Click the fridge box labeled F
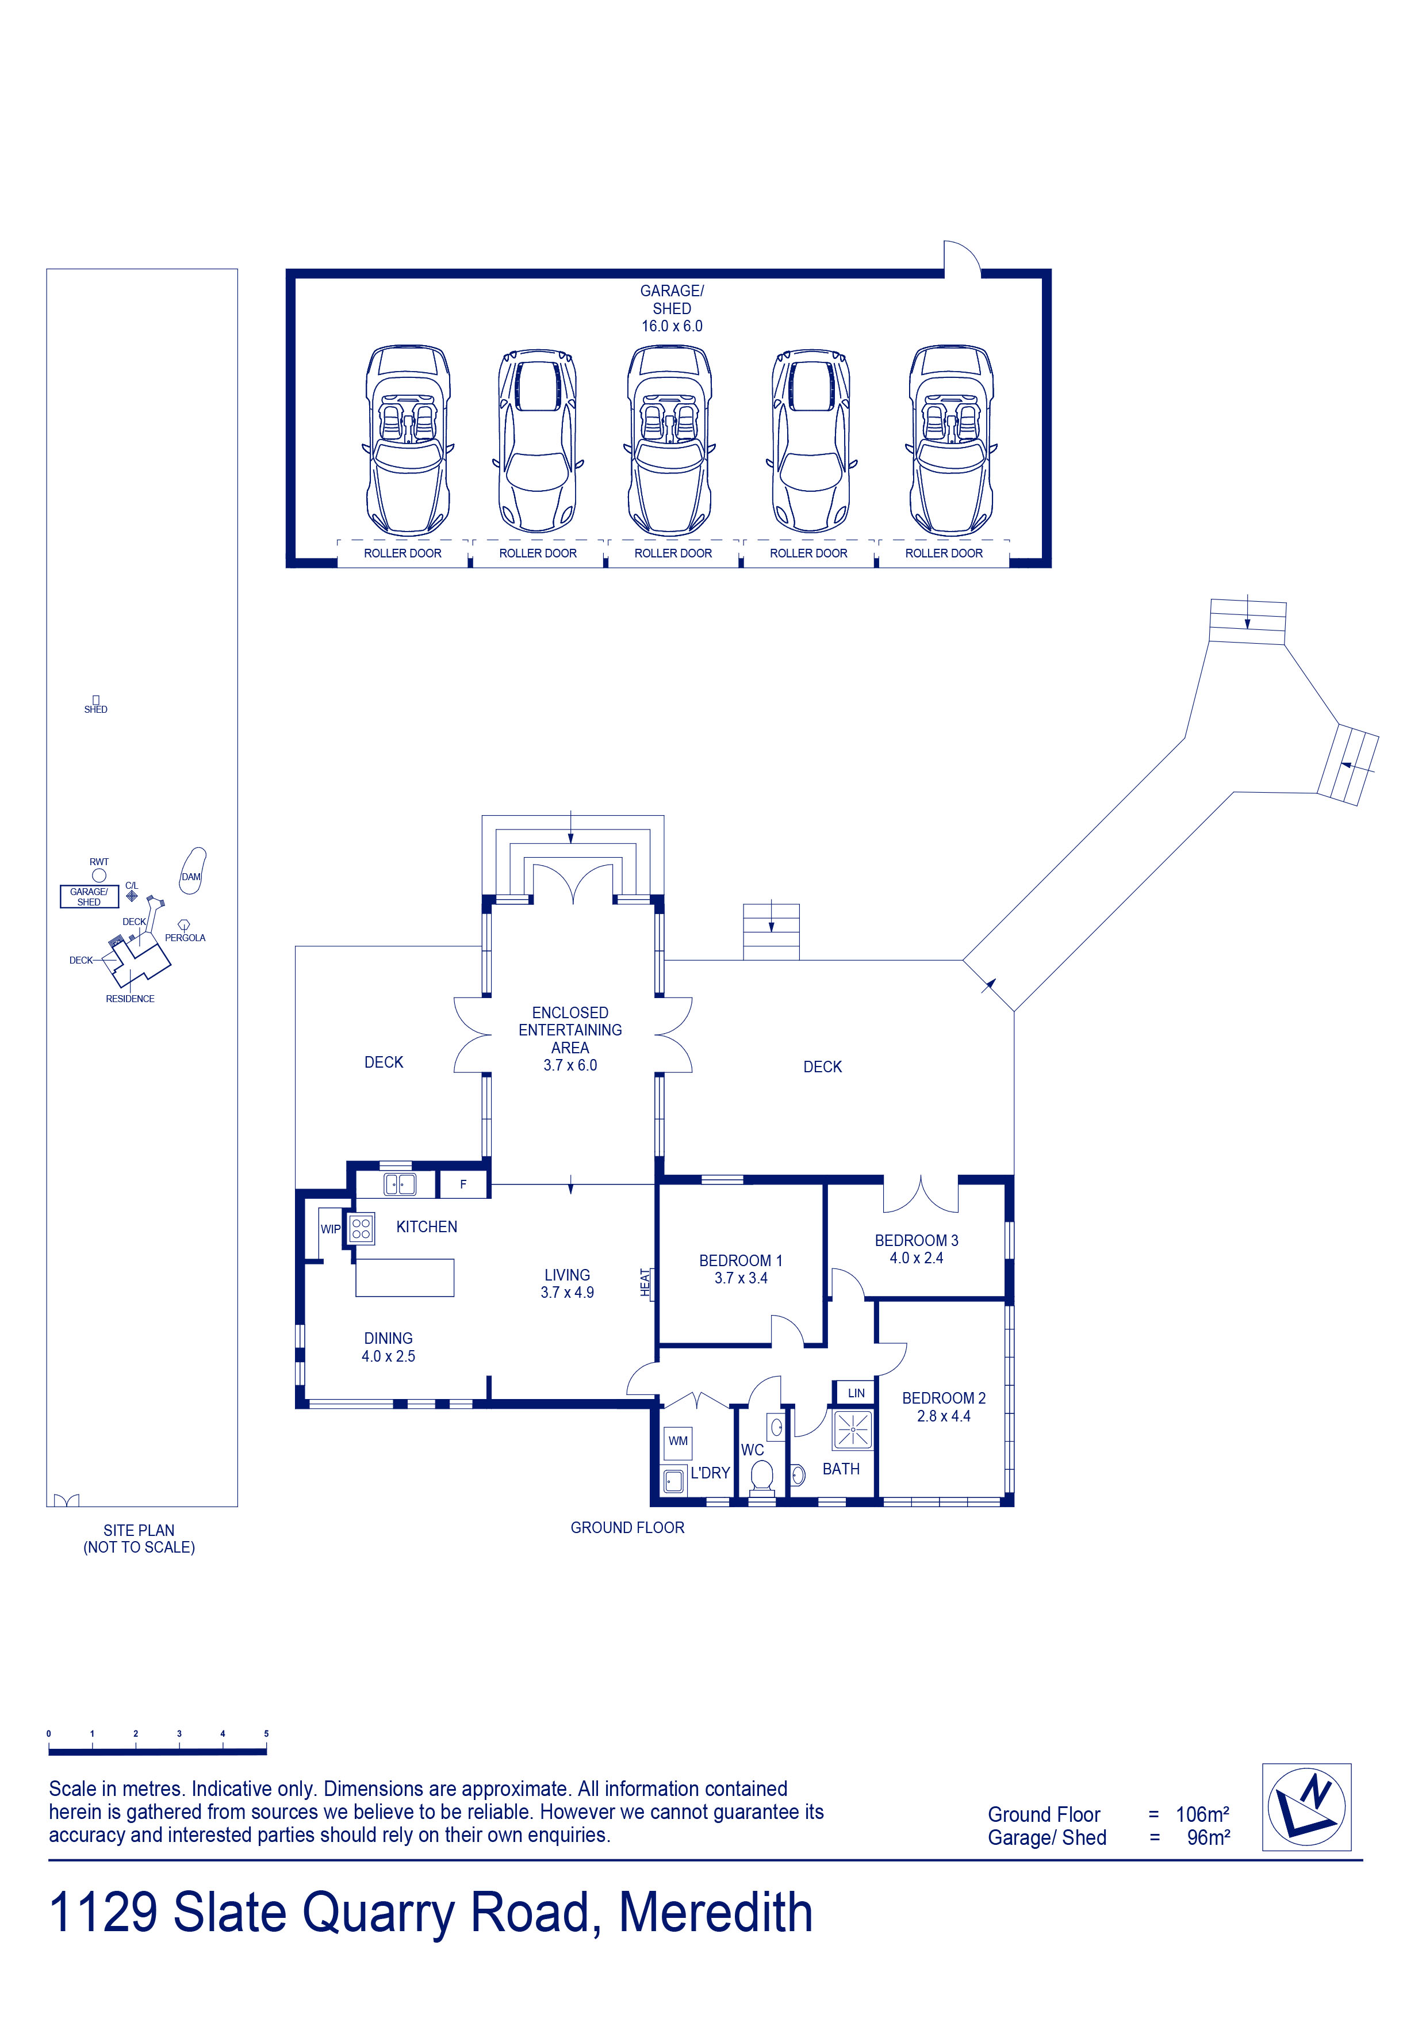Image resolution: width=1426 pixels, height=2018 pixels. pyautogui.click(x=463, y=1184)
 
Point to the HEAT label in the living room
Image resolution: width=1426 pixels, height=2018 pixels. pyautogui.click(x=645, y=1282)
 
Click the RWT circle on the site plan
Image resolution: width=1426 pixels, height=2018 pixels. pyautogui.click(x=99, y=876)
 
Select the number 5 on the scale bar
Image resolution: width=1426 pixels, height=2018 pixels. pyautogui.click(x=266, y=1734)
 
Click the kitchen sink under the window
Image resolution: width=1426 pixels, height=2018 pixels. pyautogui.click(x=399, y=1184)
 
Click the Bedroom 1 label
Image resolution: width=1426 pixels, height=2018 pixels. pyautogui.click(x=741, y=1260)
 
